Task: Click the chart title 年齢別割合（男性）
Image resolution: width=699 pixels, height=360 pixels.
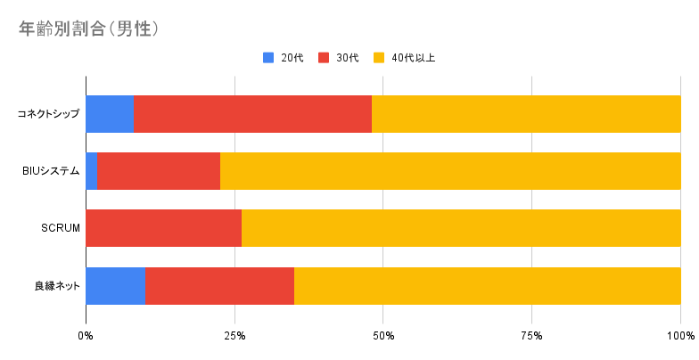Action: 89,29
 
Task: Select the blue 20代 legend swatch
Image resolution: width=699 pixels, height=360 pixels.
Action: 268,58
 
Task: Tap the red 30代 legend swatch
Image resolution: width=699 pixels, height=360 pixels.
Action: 324,58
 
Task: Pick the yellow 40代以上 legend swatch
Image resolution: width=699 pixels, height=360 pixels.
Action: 379,58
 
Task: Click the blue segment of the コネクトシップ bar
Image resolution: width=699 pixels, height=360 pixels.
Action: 110,114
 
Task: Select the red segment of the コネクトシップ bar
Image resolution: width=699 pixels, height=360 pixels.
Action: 253,114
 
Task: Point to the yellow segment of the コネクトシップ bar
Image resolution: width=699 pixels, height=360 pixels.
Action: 526,114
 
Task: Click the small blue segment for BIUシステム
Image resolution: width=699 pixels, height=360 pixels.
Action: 91,171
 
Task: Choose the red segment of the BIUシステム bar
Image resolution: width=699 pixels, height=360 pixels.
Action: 159,171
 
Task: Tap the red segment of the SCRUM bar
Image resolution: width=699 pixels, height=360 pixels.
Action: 164,228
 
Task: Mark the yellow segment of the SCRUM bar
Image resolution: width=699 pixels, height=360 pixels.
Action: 461,228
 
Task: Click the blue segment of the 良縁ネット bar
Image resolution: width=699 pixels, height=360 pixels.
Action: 116,286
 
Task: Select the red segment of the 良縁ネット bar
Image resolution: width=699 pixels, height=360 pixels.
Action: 219,286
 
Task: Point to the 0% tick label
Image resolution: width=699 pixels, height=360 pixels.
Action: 86,336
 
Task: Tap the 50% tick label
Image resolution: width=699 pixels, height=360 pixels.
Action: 383,336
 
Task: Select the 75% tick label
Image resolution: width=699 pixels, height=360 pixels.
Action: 531,336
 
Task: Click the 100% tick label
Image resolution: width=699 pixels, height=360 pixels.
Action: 681,336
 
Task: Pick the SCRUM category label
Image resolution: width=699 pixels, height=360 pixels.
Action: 61,228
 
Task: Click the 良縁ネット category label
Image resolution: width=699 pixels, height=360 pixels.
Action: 57,286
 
